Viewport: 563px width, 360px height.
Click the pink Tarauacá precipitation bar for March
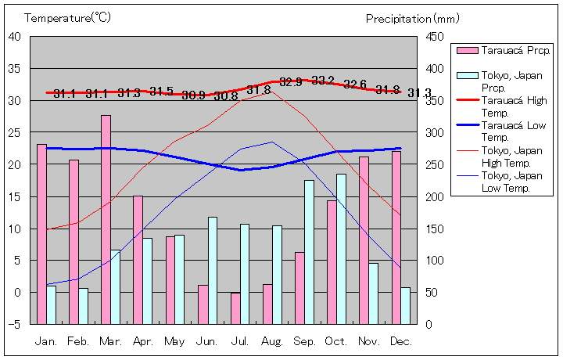[106, 219]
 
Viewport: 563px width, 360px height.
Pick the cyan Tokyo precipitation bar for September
[309, 252]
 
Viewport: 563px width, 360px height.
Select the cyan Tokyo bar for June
[212, 270]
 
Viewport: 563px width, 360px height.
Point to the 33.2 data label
[323, 81]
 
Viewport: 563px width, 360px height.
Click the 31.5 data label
[161, 92]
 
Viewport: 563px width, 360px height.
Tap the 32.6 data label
[355, 85]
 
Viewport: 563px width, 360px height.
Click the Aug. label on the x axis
[272, 341]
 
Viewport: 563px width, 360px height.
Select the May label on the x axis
[175, 341]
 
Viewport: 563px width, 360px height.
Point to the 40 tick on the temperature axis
[15, 36]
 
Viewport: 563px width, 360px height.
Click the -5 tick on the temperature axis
[15, 324]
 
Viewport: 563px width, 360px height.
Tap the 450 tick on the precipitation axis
[436, 36]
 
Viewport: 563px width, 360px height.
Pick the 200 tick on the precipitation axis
[436, 196]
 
